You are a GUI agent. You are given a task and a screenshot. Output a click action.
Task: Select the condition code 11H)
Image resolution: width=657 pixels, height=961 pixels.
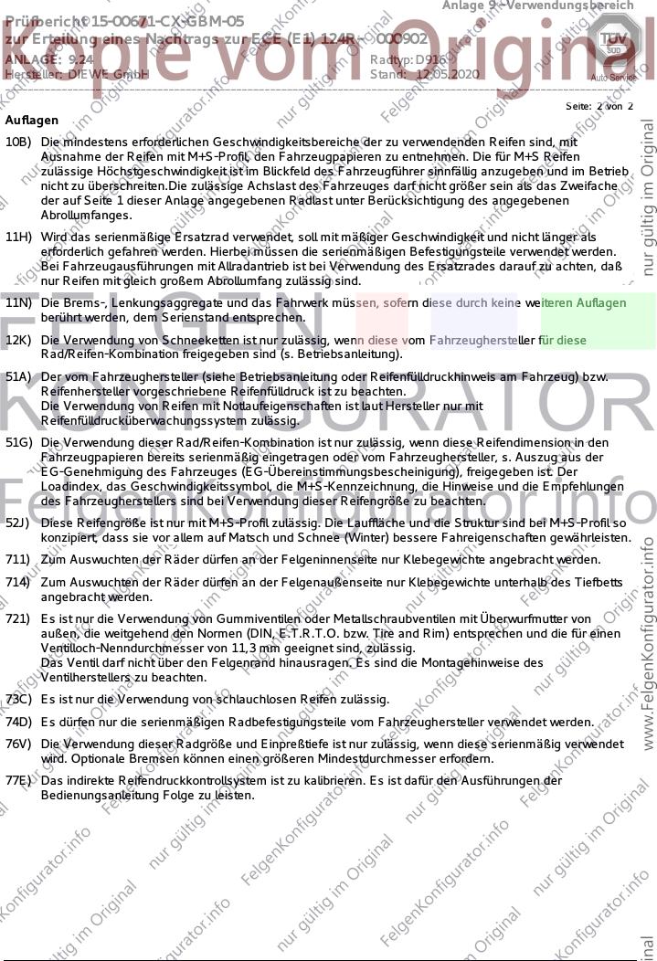18,238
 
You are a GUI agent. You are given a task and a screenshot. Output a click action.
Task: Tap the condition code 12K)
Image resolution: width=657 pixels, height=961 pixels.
18,341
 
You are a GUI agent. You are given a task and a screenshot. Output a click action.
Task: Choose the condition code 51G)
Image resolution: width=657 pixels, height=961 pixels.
18,443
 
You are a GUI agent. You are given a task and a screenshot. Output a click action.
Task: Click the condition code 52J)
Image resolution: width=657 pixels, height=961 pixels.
18,523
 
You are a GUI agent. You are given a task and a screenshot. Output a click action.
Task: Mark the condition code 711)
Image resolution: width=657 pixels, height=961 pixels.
17,559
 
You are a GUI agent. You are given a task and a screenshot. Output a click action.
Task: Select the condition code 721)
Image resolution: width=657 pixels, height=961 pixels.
17,619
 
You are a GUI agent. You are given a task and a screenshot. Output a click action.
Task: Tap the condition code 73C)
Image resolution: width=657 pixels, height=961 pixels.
18,700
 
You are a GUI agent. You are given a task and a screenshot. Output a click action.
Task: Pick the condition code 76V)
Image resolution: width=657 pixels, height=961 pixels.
18,745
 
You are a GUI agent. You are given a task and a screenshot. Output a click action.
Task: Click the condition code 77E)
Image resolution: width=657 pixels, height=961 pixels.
18,782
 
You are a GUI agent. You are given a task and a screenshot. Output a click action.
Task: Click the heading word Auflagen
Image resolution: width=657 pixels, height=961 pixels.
31,121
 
